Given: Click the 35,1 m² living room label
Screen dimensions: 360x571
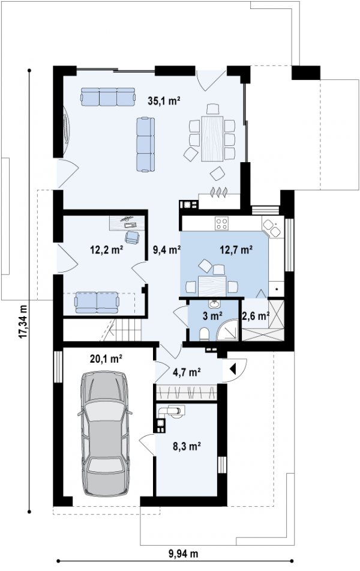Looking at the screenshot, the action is (164, 100).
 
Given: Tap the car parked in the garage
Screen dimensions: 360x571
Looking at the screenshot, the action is (105, 434).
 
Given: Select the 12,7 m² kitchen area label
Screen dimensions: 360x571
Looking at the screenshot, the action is (236, 250).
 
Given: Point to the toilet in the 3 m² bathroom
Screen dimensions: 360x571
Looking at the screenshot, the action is (204, 333).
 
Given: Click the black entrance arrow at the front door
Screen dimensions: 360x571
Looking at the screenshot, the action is (233, 369).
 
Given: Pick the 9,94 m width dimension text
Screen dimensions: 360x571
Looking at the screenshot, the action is (184, 554).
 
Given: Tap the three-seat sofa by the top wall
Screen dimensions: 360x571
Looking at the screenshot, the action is (108, 97).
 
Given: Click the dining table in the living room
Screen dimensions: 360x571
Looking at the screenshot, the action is (212, 138).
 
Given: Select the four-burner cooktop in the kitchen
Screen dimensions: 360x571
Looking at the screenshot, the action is (221, 223).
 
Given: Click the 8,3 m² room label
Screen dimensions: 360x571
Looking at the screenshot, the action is (187, 446).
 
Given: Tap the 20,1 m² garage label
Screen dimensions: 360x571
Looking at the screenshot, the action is (106, 359).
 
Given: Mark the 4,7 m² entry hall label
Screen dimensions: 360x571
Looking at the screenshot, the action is (187, 372).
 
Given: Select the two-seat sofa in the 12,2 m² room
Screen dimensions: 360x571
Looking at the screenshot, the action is (97, 302).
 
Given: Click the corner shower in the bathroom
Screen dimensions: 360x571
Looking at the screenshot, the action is (228, 330).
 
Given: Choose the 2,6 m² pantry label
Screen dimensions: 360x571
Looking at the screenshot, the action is (256, 316).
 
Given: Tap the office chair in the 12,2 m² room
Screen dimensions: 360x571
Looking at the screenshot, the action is (132, 237).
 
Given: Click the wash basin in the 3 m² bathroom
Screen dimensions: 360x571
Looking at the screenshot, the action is (214, 304).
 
